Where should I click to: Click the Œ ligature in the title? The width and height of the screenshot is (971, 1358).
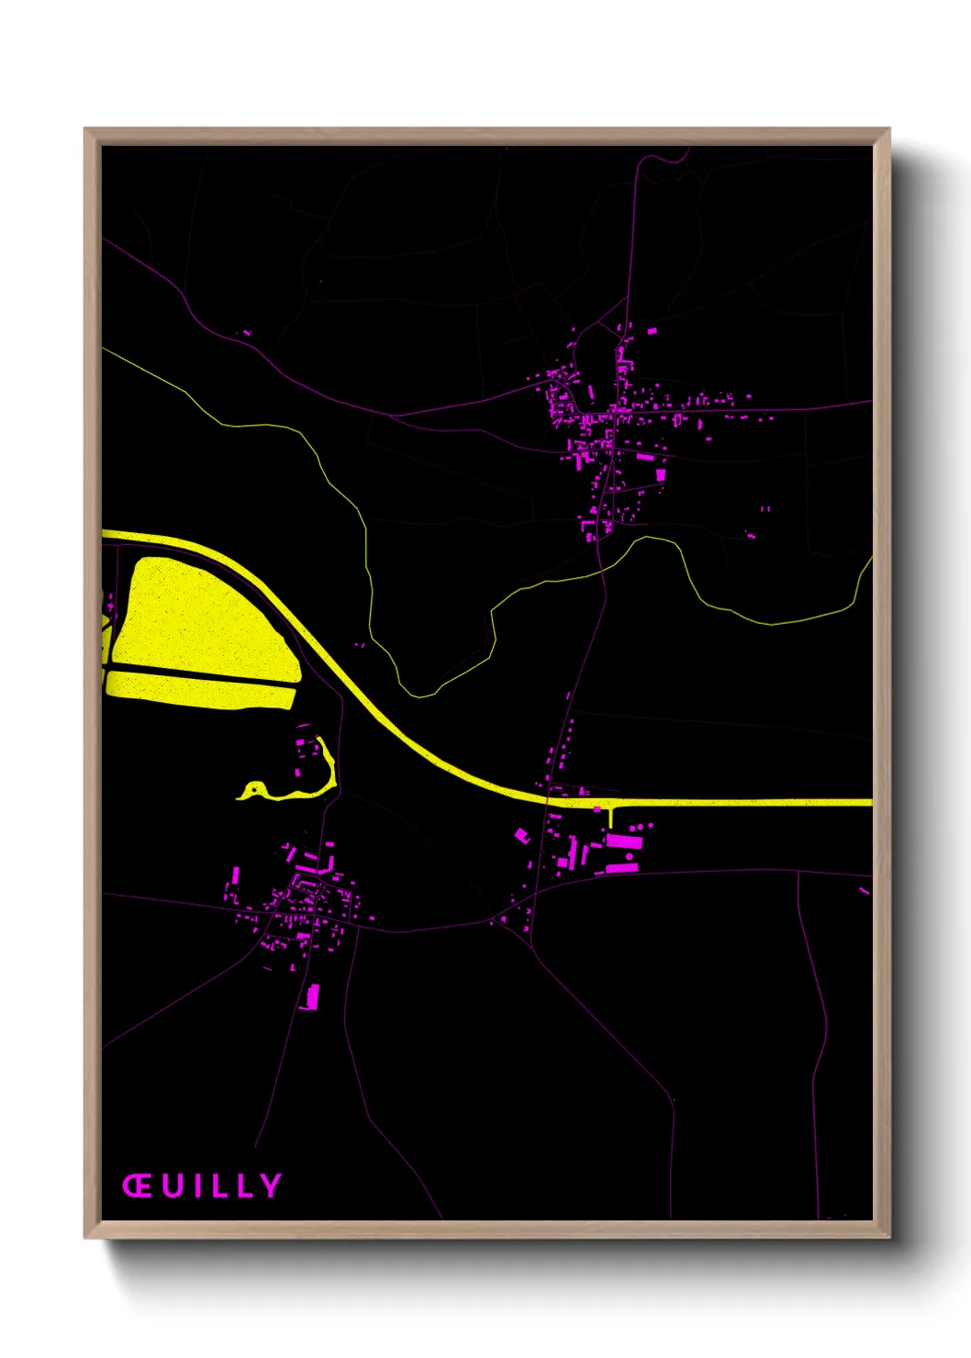[x=137, y=1185]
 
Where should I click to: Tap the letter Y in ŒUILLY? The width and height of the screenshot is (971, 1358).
[x=270, y=1185]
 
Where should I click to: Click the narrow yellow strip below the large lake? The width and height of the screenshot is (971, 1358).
[x=202, y=690]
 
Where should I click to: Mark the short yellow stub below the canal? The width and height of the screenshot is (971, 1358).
[x=610, y=815]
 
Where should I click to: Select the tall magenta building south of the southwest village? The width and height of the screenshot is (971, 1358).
[x=312, y=996]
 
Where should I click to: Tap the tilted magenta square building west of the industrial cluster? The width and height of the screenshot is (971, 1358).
[x=522, y=835]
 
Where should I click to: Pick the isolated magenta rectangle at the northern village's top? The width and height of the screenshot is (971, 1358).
[x=653, y=330]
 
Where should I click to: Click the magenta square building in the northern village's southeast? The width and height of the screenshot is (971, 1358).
[x=660, y=474]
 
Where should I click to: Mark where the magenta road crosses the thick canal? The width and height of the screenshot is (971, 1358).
[x=548, y=799]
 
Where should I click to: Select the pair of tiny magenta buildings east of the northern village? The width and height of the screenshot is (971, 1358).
[x=765, y=508]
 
